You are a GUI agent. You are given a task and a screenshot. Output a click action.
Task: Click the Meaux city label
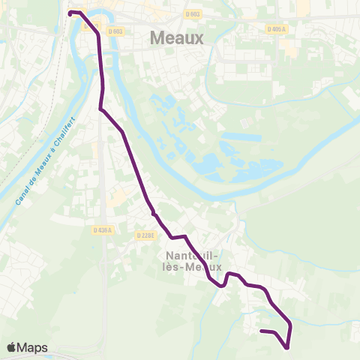point(177,37)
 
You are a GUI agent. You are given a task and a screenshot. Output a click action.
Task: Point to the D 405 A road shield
point(277,29)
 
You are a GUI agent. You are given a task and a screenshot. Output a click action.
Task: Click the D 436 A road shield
point(103,229)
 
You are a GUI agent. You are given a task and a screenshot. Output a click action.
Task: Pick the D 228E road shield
point(145,235)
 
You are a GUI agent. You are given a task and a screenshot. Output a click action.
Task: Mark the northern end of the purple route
point(70,13)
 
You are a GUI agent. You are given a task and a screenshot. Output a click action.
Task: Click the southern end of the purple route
point(261,331)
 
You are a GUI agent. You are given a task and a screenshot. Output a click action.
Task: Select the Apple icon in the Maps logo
point(11,346)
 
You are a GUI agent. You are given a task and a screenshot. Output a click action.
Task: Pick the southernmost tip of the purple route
point(286,347)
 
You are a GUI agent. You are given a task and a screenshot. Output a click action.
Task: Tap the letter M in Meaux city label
point(157,37)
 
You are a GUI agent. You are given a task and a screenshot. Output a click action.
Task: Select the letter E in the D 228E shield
point(151,235)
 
